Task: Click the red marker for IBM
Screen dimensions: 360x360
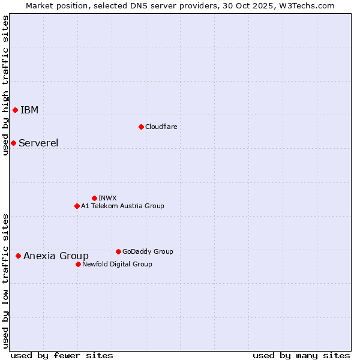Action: pos(15,110)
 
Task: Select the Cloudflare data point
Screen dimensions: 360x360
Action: pos(141,127)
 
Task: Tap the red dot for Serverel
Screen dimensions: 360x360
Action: pos(13,143)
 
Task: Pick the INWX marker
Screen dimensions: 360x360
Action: pos(94,198)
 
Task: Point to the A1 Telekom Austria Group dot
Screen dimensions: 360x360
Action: pos(77,206)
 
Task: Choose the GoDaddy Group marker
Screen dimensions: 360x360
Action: pos(118,251)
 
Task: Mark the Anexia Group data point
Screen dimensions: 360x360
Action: pos(18,256)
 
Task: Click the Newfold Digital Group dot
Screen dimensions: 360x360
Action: pos(78,264)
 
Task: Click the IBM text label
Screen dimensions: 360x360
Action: pos(29,110)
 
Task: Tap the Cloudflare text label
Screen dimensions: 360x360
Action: pos(161,127)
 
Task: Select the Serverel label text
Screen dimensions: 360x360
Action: pos(38,143)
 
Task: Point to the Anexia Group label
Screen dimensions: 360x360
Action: pos(56,256)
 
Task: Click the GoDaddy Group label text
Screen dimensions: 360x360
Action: pos(148,251)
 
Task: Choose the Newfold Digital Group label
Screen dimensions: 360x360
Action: pos(117,264)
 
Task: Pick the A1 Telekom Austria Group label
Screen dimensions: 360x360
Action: pos(122,206)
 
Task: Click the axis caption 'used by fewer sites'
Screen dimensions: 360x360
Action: pos(62,355)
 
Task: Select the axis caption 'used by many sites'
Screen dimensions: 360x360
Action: pos(301,355)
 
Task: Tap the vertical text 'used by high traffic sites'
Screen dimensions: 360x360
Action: pos(5,85)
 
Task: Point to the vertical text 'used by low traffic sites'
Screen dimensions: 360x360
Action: pos(5,280)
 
